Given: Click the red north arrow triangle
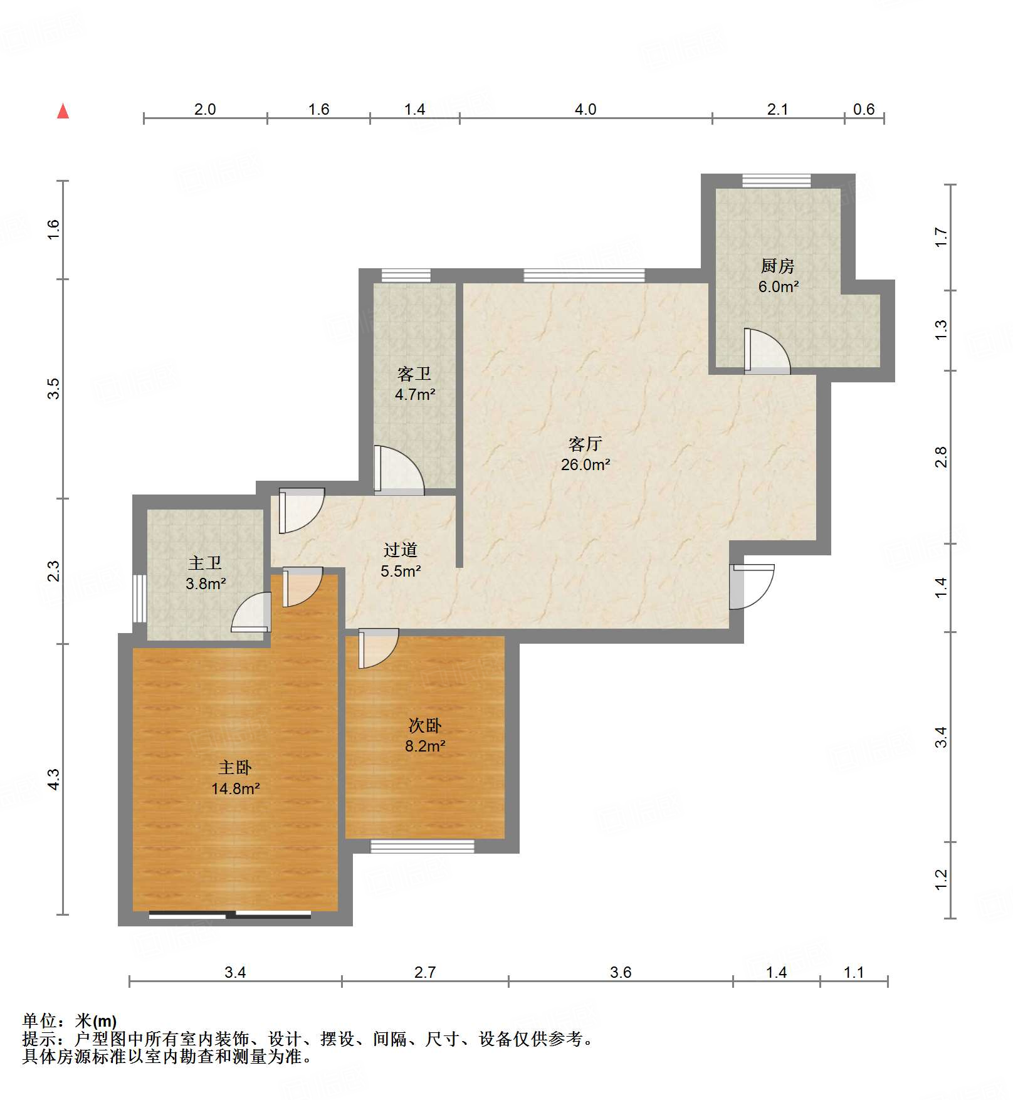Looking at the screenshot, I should pyautogui.click(x=63, y=112).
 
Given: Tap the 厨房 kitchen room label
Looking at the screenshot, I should pyautogui.click(x=777, y=266).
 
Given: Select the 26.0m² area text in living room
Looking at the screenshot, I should pyautogui.click(x=585, y=465).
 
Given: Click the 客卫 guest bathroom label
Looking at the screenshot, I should pyautogui.click(x=414, y=374).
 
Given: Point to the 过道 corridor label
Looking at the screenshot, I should pyautogui.click(x=401, y=550).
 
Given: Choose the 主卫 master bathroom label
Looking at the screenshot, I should pyautogui.click(x=205, y=563).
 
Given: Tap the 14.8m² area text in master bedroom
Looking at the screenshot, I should pyautogui.click(x=235, y=788).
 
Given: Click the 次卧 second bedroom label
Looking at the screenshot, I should pyautogui.click(x=425, y=726).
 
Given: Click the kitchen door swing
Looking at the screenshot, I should pyautogui.click(x=766, y=351).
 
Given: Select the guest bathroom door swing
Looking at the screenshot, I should pyautogui.click(x=397, y=471).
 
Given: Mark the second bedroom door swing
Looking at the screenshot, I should pyautogui.click(x=377, y=648).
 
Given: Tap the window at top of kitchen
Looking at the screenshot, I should pyautogui.click(x=776, y=181).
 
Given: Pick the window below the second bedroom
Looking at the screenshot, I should pyautogui.click(x=422, y=846).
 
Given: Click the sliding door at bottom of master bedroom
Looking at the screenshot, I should pyautogui.click(x=230, y=915).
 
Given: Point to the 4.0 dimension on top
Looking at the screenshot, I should pyautogui.click(x=585, y=110).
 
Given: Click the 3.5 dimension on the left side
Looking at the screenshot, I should pyautogui.click(x=54, y=389).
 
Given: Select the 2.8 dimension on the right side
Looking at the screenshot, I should pyautogui.click(x=940, y=458).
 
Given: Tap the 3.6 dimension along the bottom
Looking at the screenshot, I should pyautogui.click(x=620, y=972).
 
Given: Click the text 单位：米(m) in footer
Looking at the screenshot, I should pyautogui.click(x=70, y=1021).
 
